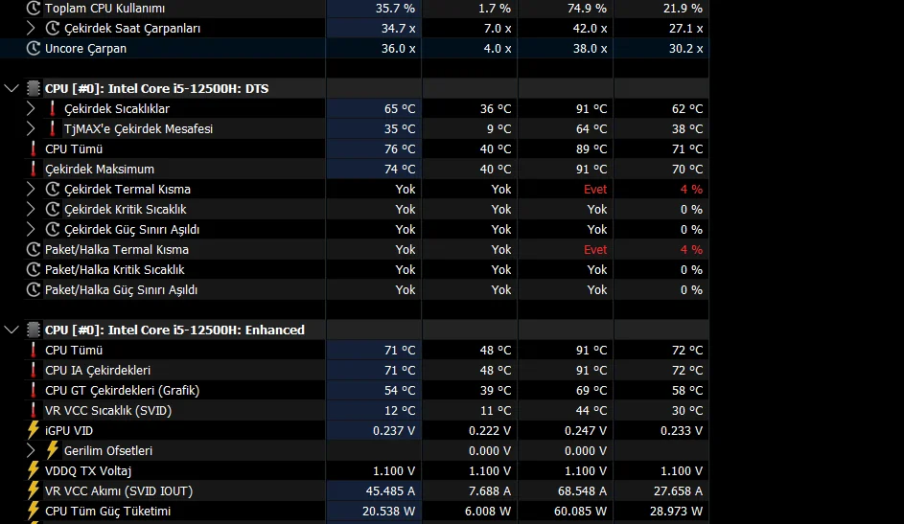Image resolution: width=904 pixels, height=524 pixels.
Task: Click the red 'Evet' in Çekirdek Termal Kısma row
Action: [x=595, y=190]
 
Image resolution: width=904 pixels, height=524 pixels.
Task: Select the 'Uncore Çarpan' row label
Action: [x=85, y=48]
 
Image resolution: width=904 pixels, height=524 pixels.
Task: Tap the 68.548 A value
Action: [x=581, y=491]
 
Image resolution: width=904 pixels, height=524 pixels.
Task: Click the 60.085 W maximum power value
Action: [x=580, y=512]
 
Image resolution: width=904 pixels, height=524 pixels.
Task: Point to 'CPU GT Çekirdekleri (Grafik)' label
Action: [x=122, y=391]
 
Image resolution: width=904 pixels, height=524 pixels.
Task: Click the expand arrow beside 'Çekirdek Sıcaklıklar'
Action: [x=31, y=109]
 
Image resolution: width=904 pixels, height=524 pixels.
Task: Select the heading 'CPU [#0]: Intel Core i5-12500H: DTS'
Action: [x=156, y=89]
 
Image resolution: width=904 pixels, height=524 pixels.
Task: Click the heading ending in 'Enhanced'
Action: [x=174, y=330]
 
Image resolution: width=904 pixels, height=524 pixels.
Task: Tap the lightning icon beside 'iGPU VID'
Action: [x=34, y=431]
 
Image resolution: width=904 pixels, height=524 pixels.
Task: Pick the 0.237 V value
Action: [x=394, y=431]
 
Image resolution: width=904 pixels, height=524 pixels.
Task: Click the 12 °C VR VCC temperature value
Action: [x=400, y=411]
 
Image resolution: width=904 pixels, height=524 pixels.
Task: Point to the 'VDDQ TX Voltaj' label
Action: [x=88, y=471]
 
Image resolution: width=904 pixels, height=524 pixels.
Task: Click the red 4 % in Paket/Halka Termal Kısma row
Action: [x=690, y=250]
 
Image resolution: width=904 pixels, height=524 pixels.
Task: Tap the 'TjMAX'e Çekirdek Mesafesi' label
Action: [x=138, y=129]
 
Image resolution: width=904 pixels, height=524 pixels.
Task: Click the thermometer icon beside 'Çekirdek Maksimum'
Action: [x=34, y=170]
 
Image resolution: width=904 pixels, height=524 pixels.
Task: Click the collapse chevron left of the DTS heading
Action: [x=12, y=89]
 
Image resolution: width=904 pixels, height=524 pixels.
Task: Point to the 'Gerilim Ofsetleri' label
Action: [x=108, y=451]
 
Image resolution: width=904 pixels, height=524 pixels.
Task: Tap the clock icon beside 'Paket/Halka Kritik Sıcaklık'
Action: [x=34, y=270]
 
